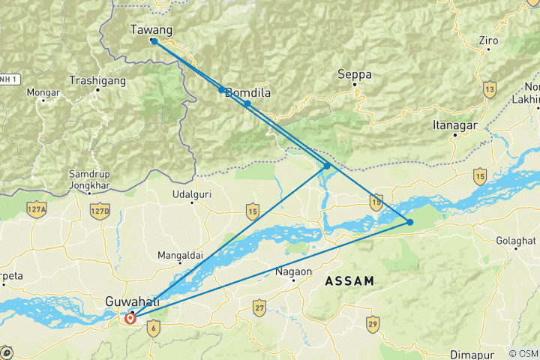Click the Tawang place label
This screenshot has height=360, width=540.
point(151,30)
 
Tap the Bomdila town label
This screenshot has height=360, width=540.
point(247,93)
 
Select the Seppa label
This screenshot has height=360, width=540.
point(354,74)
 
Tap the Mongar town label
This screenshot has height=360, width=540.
point(43,93)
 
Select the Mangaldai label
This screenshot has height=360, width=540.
point(180,256)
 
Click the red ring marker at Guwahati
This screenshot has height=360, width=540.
point(130,318)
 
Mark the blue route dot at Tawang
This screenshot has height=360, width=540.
point(153,41)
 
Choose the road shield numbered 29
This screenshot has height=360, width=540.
point(373,322)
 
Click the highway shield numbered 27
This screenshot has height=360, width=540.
point(259,308)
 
